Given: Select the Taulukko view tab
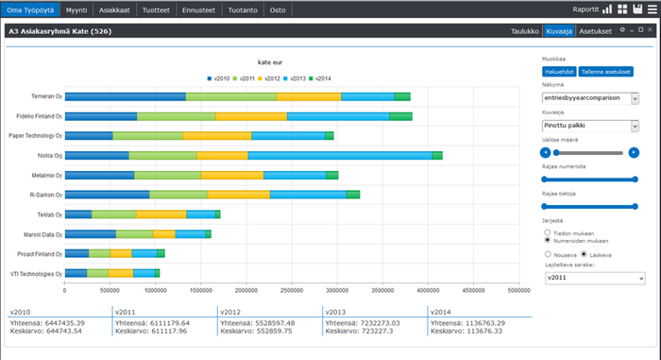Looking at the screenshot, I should tap(523, 31).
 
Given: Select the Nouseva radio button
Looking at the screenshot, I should tap(549, 254).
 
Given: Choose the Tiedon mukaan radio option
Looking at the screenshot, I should tap(549, 231).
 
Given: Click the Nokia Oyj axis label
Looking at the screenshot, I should tap(48, 156).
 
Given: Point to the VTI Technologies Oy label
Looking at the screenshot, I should tap(36, 274).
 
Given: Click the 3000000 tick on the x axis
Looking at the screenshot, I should tap(336, 290).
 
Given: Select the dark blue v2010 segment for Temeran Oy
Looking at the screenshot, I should tap(125, 96).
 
